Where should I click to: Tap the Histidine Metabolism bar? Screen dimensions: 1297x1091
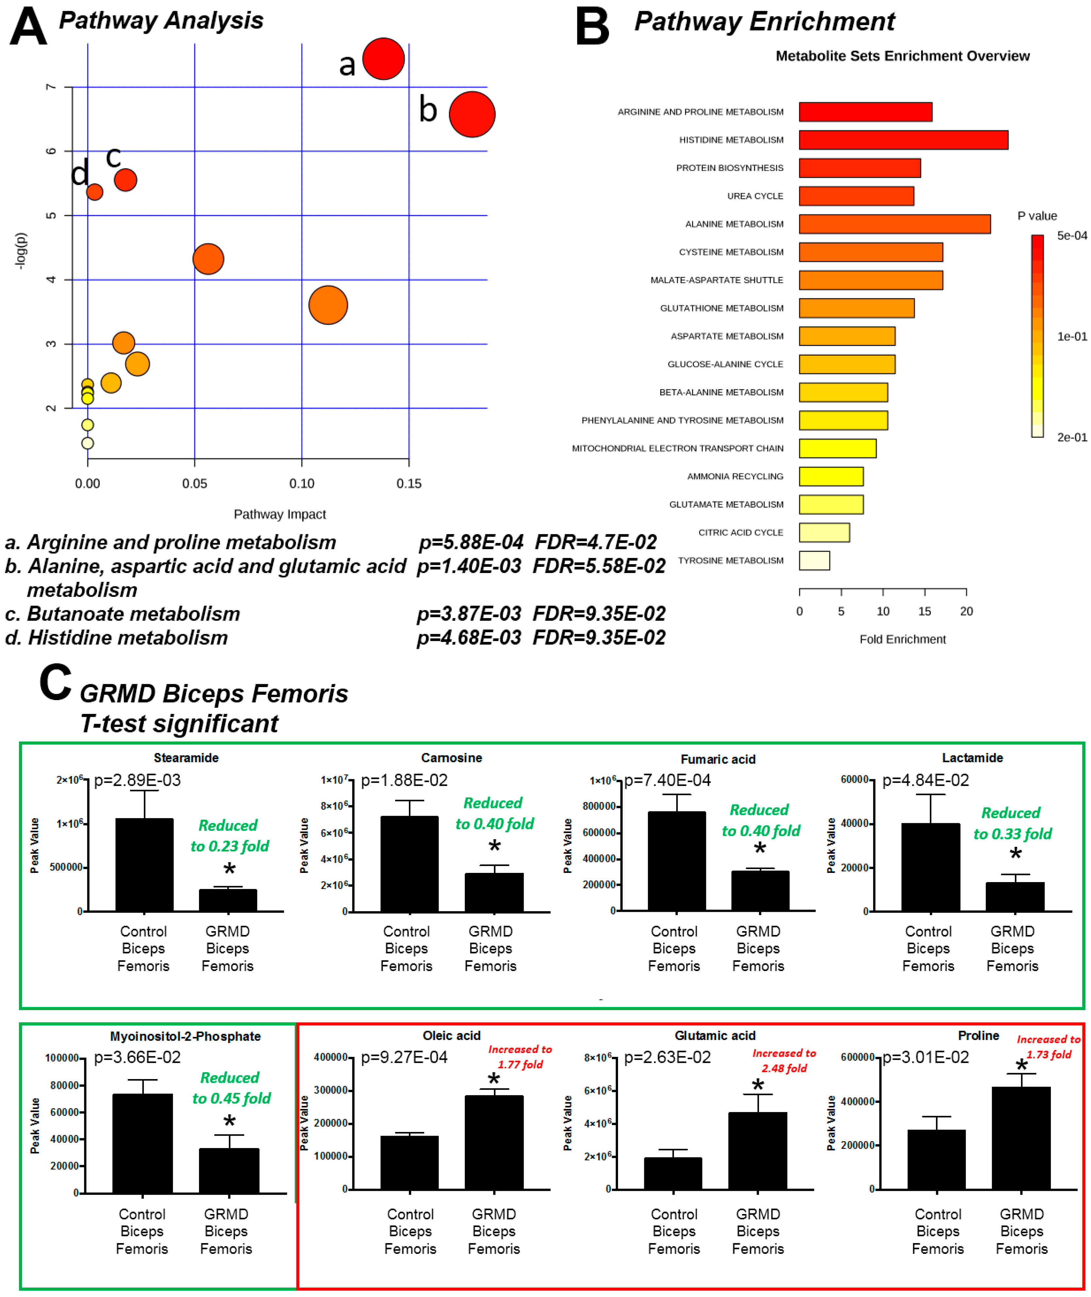903,140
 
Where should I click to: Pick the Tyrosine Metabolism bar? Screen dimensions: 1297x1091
814,560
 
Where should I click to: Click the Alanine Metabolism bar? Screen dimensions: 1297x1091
894,224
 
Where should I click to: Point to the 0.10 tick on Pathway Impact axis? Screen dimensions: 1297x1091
301,484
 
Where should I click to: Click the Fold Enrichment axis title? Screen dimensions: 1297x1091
902,639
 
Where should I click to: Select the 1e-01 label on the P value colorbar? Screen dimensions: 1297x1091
1071,336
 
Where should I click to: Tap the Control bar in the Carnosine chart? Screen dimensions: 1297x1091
410,864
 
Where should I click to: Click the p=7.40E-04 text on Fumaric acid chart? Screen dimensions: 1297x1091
667,780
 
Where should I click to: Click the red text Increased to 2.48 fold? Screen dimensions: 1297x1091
784,1060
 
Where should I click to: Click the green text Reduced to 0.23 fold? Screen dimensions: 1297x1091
229,836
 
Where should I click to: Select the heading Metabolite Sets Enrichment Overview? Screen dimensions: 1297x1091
902,56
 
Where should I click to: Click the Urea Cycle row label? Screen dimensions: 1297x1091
755,196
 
